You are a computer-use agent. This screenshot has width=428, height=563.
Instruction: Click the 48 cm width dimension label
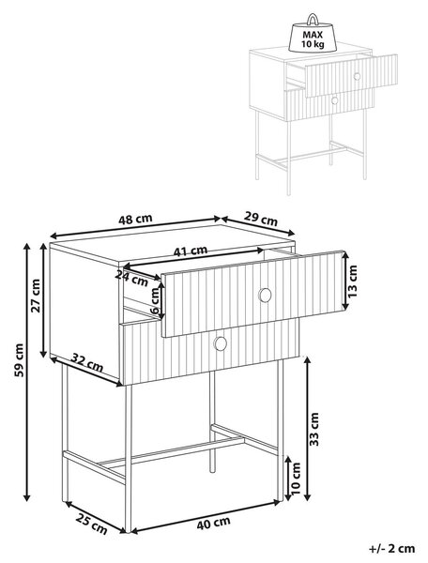[x=135, y=219]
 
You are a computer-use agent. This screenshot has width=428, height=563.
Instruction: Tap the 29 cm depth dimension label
[x=261, y=219]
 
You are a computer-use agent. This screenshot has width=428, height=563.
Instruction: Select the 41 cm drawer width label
[x=191, y=251]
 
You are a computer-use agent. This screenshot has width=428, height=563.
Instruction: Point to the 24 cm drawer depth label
[x=132, y=279]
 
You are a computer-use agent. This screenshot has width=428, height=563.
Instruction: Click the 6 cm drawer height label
[x=155, y=301]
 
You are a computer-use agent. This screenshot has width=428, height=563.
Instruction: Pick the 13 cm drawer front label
[x=353, y=281]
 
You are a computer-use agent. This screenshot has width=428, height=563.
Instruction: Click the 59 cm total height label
[x=19, y=360]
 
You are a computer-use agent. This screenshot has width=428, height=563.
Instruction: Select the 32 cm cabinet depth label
[x=87, y=363]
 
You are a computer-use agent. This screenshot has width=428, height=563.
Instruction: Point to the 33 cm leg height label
[x=313, y=429]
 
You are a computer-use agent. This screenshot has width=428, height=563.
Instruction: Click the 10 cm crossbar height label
[x=295, y=479]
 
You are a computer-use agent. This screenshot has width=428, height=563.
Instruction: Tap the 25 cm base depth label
[x=92, y=524]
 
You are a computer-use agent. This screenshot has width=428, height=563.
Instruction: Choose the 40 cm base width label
[x=214, y=523]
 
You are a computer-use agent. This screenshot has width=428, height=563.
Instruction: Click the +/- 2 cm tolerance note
[x=392, y=548]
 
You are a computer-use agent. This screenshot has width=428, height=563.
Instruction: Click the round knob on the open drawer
[x=266, y=295]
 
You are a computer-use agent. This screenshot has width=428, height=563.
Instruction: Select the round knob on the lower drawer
[x=221, y=343]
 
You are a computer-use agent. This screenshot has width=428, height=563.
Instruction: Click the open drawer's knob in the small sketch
[x=357, y=76]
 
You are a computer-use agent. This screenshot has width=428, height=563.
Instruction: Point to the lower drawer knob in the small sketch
[x=335, y=100]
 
